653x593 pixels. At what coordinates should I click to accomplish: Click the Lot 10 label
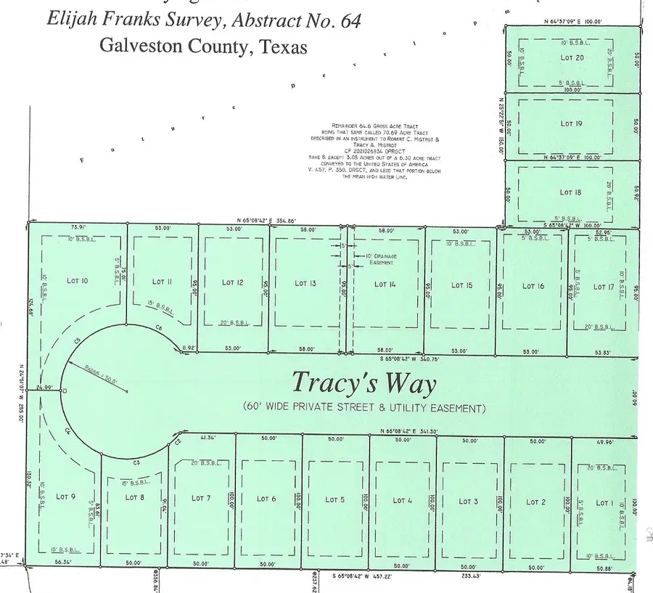pos(78,281)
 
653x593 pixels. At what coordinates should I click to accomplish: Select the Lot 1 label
pos(603,502)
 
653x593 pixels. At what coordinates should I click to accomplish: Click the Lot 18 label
pos(571,192)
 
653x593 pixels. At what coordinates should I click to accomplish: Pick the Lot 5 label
pos(334,499)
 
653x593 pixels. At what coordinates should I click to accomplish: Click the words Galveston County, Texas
pos(203,46)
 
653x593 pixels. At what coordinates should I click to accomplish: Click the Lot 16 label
pos(533,286)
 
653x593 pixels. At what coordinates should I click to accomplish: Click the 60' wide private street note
pos(364,408)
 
